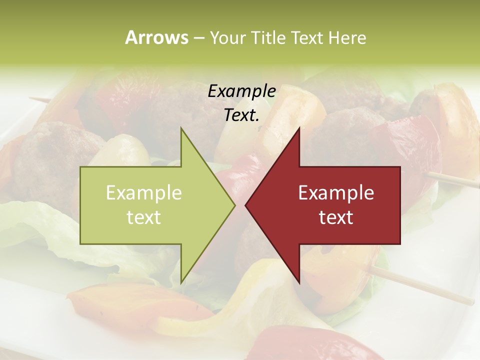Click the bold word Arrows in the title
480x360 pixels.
point(156,37)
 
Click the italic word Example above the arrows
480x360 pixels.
point(241,91)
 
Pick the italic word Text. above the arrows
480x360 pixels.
point(241,115)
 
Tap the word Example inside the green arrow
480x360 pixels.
point(143,193)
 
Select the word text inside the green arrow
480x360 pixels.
point(143,217)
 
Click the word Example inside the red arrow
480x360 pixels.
point(336,193)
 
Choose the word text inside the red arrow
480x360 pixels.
point(336,217)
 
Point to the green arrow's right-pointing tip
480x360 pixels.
point(234,205)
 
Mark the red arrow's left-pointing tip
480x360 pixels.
point(246,205)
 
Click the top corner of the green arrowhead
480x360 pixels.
point(181,129)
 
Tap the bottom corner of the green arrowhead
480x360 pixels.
point(181,282)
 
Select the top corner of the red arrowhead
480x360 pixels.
point(299,129)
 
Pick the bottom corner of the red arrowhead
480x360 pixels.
point(299,282)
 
